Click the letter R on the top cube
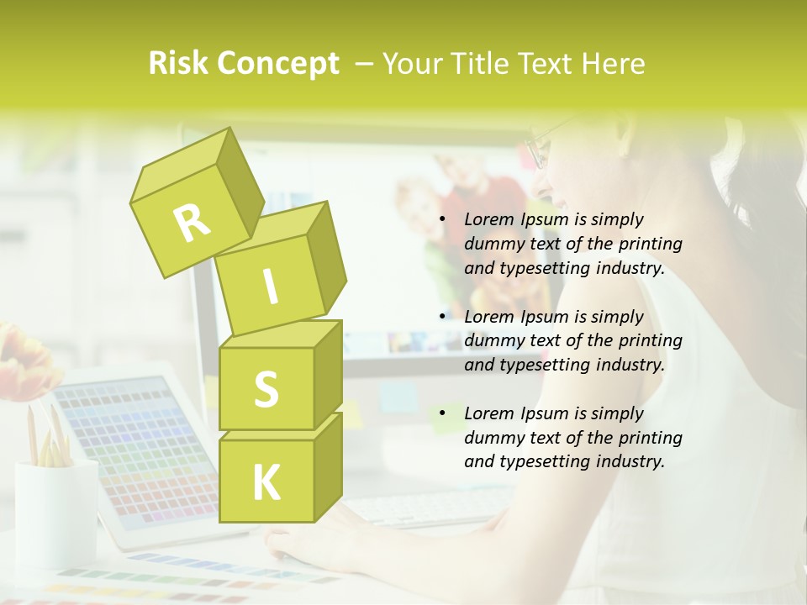pyautogui.click(x=192, y=224)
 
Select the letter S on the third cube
pyautogui.click(x=266, y=389)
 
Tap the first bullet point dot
pyautogui.click(x=443, y=220)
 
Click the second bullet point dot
pyautogui.click(x=443, y=318)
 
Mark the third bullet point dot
pyautogui.click(x=443, y=414)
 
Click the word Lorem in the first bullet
pyautogui.click(x=488, y=219)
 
